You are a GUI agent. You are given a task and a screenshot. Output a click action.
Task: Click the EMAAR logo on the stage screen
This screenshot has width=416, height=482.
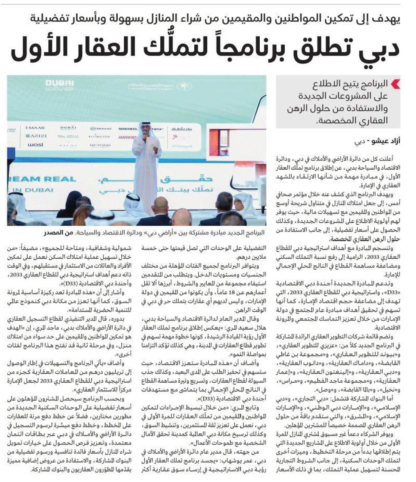coord(35,128)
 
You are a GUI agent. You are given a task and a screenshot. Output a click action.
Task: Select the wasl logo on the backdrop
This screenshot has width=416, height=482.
coord(35,145)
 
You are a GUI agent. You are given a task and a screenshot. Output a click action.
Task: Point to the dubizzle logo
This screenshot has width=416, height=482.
coord(182,129)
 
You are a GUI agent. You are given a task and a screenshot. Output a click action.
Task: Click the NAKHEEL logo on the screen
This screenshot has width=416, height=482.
coord(128,129)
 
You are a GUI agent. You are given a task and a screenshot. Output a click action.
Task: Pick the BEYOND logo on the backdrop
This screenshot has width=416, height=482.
coord(100,145)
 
